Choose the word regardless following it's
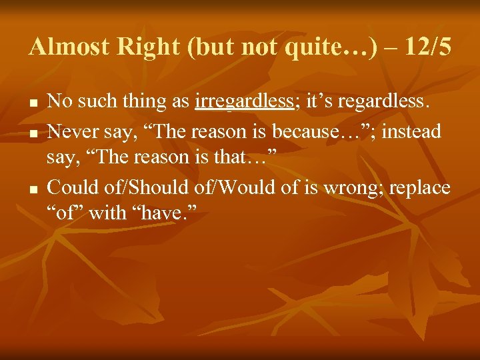[387, 101]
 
